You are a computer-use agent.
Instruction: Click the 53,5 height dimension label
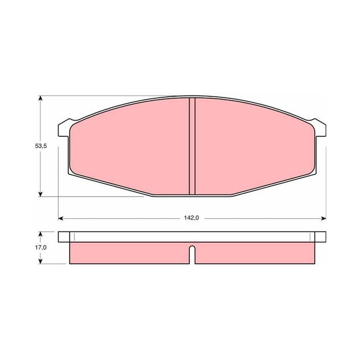pos(41,146)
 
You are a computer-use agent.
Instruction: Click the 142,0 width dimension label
pos(191,218)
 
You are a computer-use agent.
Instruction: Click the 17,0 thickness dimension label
pos(41,247)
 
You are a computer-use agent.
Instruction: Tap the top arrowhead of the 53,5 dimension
pos(40,99)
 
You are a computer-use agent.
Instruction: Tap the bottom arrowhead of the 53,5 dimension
pos(40,193)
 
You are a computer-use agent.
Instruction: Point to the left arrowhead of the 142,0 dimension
pos(61,218)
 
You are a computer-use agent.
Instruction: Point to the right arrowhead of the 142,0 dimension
pos(323,218)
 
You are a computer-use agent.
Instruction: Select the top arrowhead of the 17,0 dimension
pos(40,234)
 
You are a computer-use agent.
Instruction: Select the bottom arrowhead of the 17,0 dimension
pos(40,261)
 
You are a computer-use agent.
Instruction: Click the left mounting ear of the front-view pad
pos(64,128)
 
